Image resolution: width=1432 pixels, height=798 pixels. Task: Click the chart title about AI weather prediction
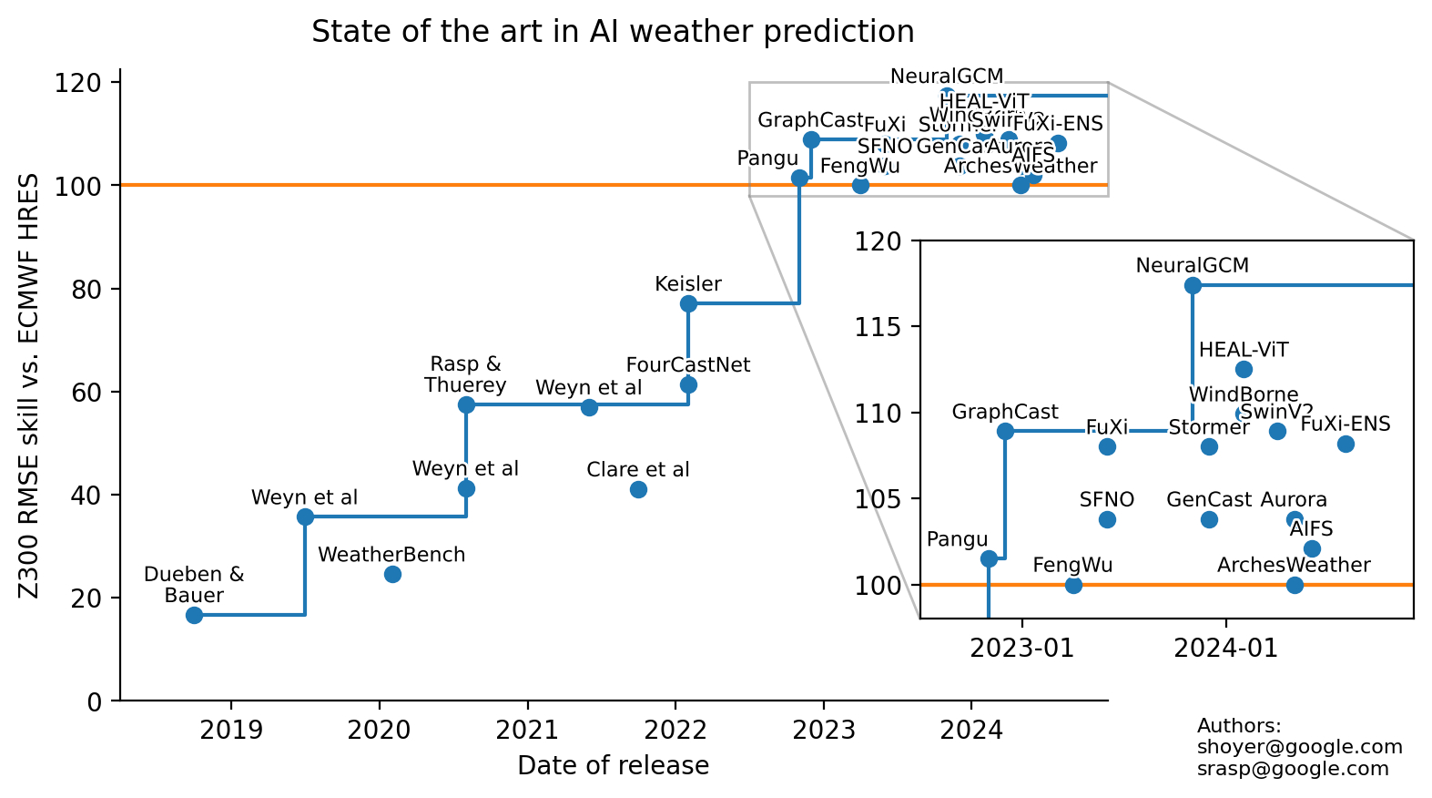(x=613, y=32)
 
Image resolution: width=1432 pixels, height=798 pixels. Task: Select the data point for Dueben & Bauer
(x=194, y=615)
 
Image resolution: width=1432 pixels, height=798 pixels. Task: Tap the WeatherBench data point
(x=392, y=574)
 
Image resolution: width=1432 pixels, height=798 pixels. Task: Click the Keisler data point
(x=688, y=303)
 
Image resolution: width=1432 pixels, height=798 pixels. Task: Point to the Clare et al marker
(x=638, y=489)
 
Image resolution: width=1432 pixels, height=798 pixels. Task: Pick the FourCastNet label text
(x=688, y=365)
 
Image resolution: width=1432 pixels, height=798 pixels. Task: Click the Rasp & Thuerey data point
(x=466, y=404)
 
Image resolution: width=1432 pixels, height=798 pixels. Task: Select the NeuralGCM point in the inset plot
(x=1193, y=285)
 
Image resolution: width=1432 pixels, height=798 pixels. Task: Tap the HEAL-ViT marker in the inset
(x=1244, y=369)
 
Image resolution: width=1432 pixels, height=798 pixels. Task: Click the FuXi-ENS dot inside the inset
(x=1346, y=444)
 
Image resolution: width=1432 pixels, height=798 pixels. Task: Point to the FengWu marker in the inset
(x=1073, y=585)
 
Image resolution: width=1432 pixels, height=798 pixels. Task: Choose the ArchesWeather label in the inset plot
(x=1294, y=565)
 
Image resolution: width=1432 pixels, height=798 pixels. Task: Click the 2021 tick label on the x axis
(x=527, y=730)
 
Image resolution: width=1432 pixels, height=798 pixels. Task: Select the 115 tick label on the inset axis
(x=878, y=327)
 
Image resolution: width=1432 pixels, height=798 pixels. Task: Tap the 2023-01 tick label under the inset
(x=1021, y=648)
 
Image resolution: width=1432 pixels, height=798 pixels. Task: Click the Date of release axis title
(x=613, y=765)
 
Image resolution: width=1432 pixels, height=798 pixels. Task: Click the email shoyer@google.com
(x=1299, y=747)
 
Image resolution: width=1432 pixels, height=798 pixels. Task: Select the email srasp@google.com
(x=1293, y=768)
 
